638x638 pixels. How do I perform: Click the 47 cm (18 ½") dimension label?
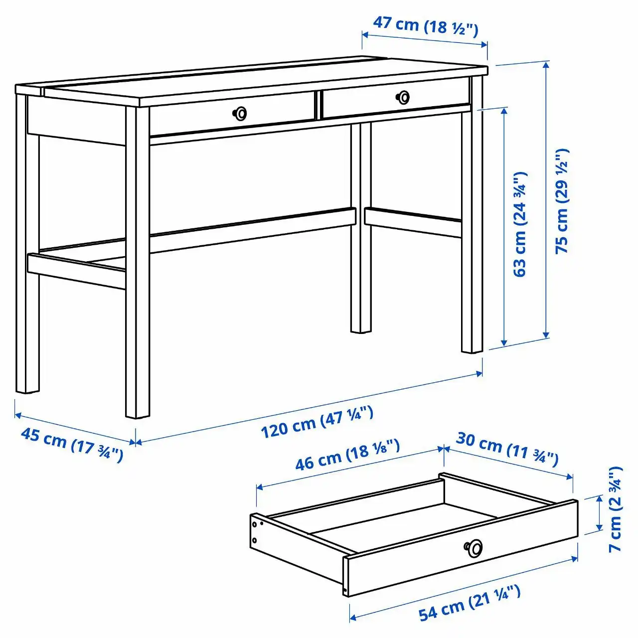(425, 25)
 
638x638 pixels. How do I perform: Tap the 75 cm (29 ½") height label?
(561, 201)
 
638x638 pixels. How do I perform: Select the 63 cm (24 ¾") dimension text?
(520, 224)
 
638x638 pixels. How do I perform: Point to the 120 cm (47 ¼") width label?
(317, 422)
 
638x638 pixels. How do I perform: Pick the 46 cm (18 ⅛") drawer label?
(347, 455)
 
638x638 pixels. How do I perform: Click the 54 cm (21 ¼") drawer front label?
(469, 603)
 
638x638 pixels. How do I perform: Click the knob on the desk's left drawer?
(240, 114)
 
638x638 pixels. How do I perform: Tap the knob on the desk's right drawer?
(403, 97)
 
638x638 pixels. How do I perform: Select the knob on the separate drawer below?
(474, 548)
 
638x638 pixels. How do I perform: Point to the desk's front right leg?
(472, 229)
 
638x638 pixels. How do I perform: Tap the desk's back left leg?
(27, 249)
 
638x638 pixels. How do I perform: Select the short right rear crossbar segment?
(413, 222)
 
